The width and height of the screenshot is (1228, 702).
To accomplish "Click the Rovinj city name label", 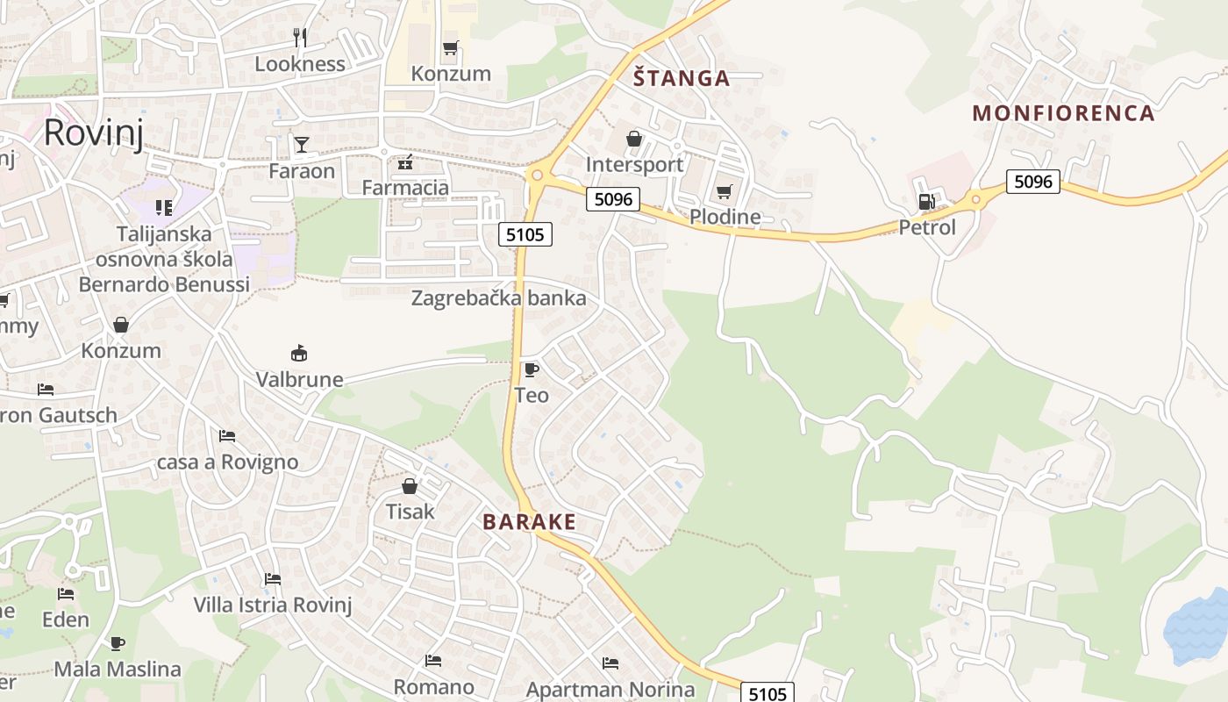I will [x=93, y=133].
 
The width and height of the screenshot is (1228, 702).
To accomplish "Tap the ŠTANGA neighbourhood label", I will [x=682, y=78].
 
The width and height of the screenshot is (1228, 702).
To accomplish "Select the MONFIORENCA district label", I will [x=1063, y=113].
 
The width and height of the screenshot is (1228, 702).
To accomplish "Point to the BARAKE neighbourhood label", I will [x=529, y=522].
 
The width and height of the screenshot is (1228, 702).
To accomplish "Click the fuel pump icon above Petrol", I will [x=925, y=203].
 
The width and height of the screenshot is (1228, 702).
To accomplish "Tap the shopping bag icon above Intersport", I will [x=634, y=140].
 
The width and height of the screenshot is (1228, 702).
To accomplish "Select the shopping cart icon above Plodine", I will [x=724, y=192].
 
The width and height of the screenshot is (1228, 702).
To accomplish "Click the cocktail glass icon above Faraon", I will [x=302, y=145].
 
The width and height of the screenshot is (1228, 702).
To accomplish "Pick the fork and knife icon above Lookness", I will [x=300, y=37].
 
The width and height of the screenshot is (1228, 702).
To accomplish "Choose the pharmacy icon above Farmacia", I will [x=404, y=162].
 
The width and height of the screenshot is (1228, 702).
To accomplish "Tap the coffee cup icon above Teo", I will [x=531, y=369].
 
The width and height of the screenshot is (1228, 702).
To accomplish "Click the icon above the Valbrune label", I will [x=299, y=354].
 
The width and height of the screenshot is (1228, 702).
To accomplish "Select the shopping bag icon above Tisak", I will [x=410, y=486].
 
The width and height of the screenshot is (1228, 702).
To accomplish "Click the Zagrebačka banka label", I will [x=498, y=298].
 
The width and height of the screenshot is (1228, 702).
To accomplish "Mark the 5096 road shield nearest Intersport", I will [x=613, y=199].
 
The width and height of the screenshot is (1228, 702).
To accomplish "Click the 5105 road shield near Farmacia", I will [x=525, y=234].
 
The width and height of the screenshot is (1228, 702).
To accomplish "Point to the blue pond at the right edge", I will [x=1198, y=627].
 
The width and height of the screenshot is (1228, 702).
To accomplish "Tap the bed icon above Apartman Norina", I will [x=610, y=663].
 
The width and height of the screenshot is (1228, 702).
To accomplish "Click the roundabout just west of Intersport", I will [x=537, y=175].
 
